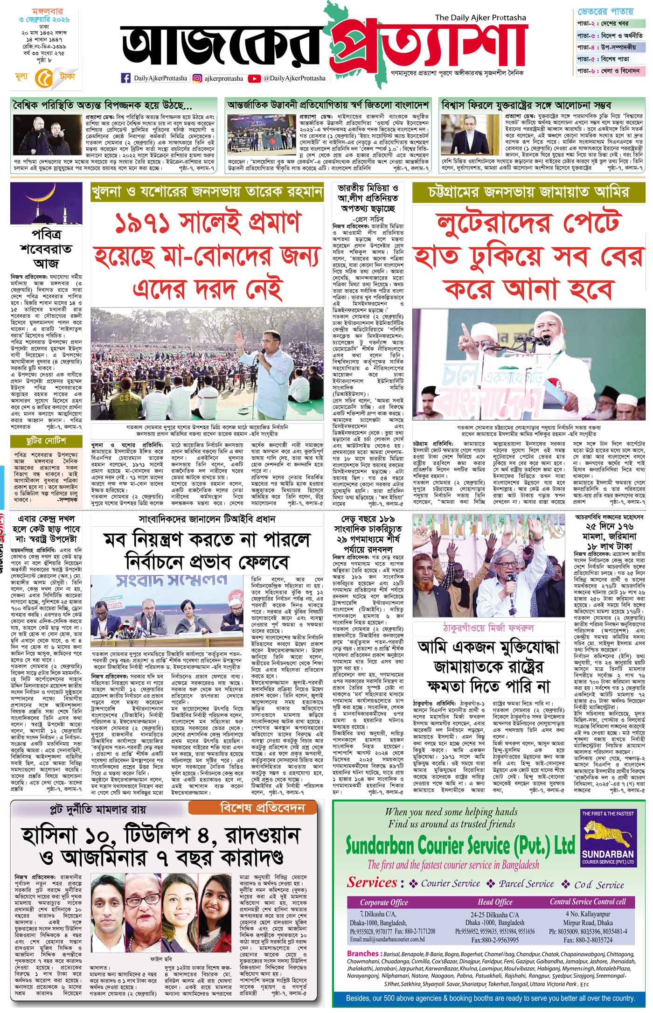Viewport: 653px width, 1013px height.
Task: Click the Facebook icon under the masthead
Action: coord(125,78)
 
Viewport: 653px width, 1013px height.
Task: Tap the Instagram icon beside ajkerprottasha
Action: coord(198,78)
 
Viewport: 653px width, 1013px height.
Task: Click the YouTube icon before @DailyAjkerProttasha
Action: coord(255,78)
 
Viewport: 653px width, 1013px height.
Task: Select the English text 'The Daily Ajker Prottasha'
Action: coord(480,18)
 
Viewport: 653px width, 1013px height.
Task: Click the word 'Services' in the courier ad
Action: coord(371,882)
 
